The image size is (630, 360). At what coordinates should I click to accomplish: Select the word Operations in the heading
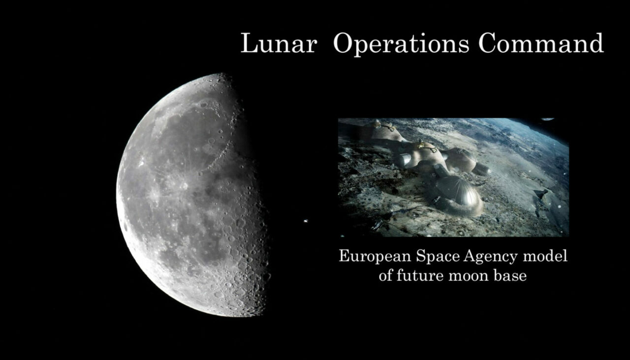[x=401, y=44]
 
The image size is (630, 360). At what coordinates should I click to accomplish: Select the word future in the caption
[x=420, y=275]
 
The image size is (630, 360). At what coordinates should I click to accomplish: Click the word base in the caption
[x=512, y=275]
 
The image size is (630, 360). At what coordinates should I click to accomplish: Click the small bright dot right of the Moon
[x=308, y=221]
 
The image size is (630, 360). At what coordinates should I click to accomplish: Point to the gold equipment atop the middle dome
[x=423, y=145]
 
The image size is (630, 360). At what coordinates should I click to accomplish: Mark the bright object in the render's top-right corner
[x=547, y=120]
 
